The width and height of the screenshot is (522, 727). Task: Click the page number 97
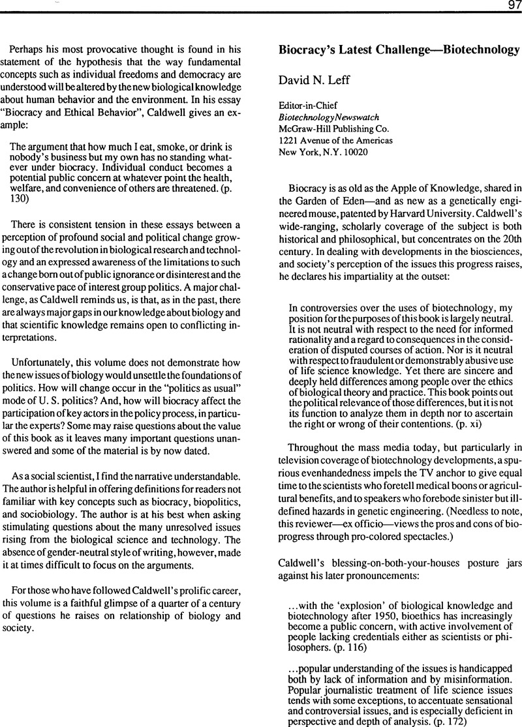click(510, 5)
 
